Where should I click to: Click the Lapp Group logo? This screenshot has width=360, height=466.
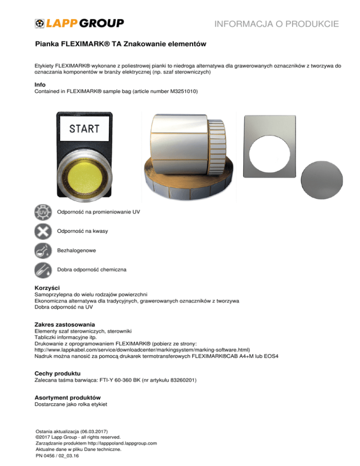coord(79,23)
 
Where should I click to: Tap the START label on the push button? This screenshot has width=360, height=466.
coord(84,128)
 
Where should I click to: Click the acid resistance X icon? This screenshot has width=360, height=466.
coord(43,232)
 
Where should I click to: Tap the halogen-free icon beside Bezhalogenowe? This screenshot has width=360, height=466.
coord(43,251)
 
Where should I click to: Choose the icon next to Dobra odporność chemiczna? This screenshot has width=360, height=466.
coord(43,270)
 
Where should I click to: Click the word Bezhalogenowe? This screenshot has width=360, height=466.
coord(76,251)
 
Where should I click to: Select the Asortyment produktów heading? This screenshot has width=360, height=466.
coord(67,397)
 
